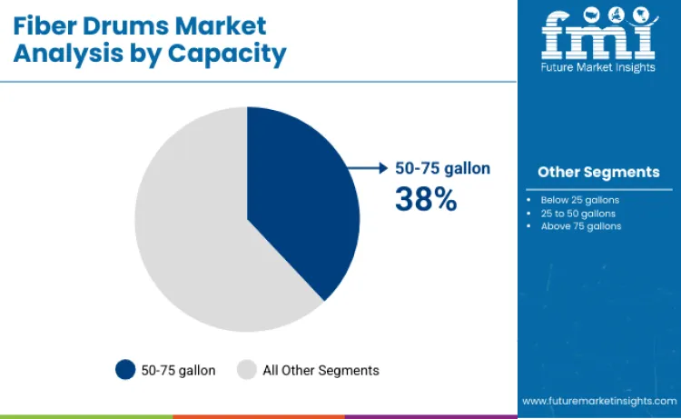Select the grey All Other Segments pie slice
point(191,236)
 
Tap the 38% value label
point(425,198)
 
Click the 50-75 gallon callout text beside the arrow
point(441,168)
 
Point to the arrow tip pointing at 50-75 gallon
point(385,168)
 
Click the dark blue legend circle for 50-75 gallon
point(125,370)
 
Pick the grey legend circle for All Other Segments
point(247,370)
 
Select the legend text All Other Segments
point(321,370)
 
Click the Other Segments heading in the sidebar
point(598,172)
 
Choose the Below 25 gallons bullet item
point(577,198)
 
